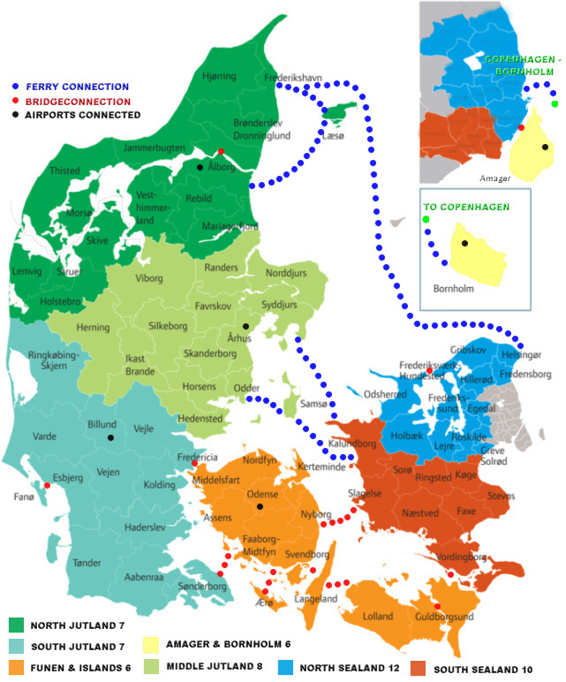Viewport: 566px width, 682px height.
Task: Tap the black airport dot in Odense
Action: (x=260, y=507)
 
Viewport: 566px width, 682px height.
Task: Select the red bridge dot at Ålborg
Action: (x=221, y=151)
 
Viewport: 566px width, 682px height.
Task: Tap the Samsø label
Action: (x=313, y=404)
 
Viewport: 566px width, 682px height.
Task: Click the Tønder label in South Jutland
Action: (x=88, y=562)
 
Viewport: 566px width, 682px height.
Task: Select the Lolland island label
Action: (x=377, y=616)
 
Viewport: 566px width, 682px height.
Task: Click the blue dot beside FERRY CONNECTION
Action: (x=16, y=87)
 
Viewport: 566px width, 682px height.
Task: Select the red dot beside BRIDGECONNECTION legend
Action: (x=16, y=101)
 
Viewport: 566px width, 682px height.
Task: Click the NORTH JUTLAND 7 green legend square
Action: (x=16, y=625)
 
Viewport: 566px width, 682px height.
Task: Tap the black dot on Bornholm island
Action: (x=464, y=243)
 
